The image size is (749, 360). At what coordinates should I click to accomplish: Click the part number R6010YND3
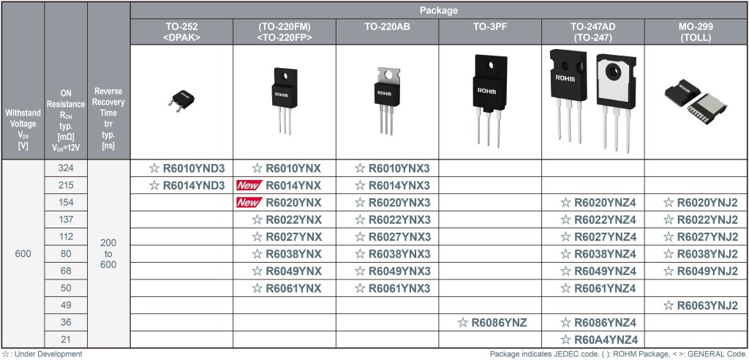[193, 168]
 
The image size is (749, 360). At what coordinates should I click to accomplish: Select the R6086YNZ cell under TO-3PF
[492, 323]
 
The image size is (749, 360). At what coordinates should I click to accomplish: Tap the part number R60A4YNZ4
[606, 340]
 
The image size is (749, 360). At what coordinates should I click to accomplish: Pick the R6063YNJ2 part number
[707, 306]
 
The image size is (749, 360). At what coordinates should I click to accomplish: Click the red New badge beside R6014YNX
[249, 186]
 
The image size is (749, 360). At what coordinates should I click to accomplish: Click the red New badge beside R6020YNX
[249, 203]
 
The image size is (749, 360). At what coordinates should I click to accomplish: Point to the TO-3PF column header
[490, 27]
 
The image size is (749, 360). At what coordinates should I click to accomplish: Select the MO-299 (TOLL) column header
[696, 32]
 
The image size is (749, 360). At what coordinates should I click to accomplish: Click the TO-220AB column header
[387, 27]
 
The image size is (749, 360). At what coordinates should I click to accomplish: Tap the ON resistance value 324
[66, 168]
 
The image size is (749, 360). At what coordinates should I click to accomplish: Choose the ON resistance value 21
[66, 340]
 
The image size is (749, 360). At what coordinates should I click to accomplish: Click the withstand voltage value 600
[23, 254]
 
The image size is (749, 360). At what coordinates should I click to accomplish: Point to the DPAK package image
[181, 100]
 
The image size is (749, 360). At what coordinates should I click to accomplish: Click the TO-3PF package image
[489, 100]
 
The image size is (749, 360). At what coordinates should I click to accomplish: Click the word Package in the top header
[439, 10]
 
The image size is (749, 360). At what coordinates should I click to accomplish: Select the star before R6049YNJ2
[669, 271]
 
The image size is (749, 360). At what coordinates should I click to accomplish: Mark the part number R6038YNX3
[399, 254]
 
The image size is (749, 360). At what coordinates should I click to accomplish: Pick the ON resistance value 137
[66, 220]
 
